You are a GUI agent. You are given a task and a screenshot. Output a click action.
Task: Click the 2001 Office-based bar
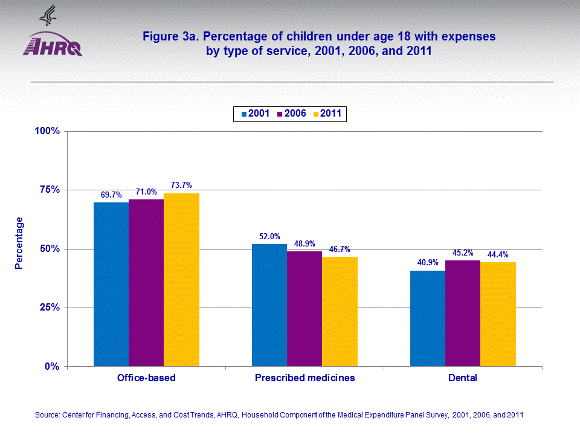(x=111, y=284)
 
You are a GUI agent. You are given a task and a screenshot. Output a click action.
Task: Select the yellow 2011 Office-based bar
(x=181, y=280)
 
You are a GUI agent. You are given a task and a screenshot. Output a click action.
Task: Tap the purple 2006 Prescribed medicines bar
(x=304, y=309)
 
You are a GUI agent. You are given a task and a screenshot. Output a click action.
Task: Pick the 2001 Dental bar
(x=428, y=318)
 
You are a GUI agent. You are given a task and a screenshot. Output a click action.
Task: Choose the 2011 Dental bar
(x=498, y=314)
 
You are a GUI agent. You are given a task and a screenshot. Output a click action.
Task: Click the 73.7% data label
(x=181, y=185)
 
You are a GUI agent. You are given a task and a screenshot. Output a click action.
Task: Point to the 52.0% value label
(x=269, y=236)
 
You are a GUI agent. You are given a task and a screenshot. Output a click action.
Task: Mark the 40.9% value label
(x=428, y=263)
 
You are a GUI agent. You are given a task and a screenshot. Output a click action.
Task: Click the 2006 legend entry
(x=292, y=114)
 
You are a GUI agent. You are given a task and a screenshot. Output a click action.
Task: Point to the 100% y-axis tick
(x=47, y=131)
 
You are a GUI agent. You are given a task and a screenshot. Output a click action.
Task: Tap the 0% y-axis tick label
(x=51, y=367)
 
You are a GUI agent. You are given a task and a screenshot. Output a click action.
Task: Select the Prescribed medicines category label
(x=304, y=378)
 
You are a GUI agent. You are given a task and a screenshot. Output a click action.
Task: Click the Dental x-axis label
(x=463, y=378)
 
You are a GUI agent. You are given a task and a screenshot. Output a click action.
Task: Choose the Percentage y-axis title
(x=20, y=243)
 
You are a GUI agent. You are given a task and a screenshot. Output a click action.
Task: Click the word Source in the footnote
(x=47, y=415)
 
